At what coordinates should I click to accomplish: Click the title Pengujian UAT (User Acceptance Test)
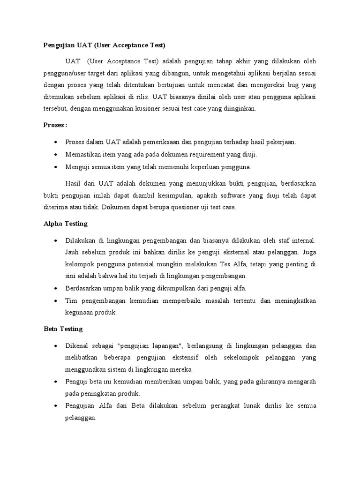coord(105,45)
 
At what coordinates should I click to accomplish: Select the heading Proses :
coord(56,126)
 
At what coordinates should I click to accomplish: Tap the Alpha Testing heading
coord(65,224)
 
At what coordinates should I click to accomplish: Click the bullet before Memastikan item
coord(56,154)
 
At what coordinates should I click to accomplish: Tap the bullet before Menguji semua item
coord(56,166)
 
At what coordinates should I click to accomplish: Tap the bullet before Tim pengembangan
coord(56,300)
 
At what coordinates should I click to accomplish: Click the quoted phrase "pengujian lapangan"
coord(150,346)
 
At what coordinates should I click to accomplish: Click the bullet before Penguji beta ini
coord(56,381)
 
